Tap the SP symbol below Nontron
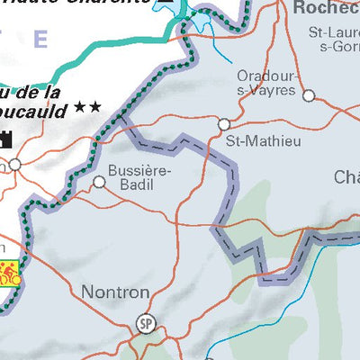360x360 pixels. pyautogui.click(x=145, y=323)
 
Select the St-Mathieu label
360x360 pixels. pyautogui.click(x=251, y=140)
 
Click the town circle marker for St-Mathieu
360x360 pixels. pyautogui.click(x=224, y=124)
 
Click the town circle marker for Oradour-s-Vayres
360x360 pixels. pyautogui.click(x=309, y=94)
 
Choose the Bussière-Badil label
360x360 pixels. pyautogui.click(x=139, y=175)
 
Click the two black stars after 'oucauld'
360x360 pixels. pyautogui.click(x=87, y=106)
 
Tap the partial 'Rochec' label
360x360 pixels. pyautogui.click(x=327, y=10)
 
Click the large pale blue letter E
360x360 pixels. pyautogui.click(x=40, y=39)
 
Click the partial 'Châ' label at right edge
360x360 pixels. pyautogui.click(x=346, y=175)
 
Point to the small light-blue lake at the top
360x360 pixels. pyautogui.click(x=168, y=5)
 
